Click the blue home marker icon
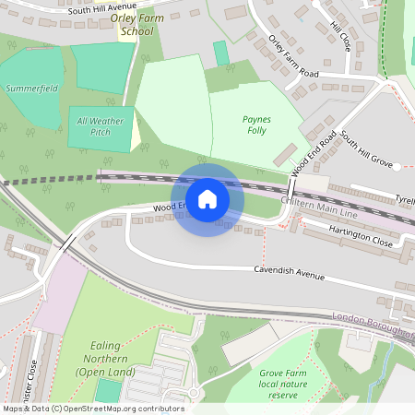click(x=207, y=199)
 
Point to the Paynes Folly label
click(x=255, y=125)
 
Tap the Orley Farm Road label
click(x=292, y=58)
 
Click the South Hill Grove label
click(x=365, y=152)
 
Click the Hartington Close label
click(x=362, y=238)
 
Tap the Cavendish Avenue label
click(x=290, y=273)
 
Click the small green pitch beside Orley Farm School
click(x=221, y=53)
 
